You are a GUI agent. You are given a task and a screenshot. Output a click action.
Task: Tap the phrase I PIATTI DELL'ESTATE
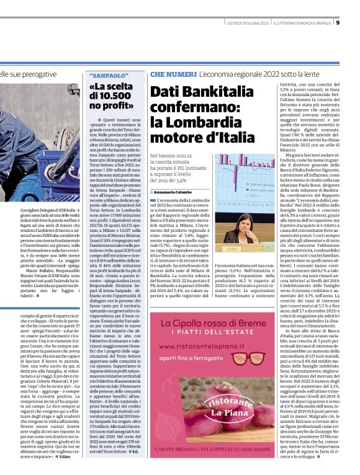point(248,337)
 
